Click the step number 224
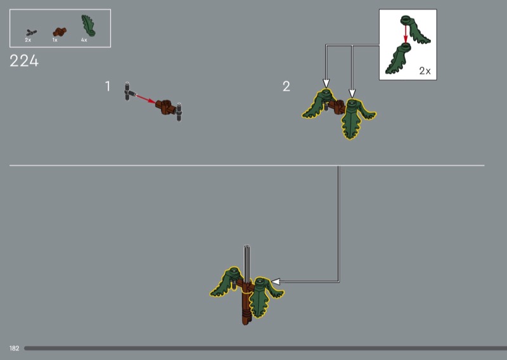click(x=24, y=61)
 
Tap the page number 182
click(x=14, y=349)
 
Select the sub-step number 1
click(x=108, y=86)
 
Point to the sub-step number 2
click(x=286, y=86)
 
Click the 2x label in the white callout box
click(x=425, y=71)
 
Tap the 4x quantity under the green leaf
click(x=84, y=40)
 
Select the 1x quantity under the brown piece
click(x=55, y=40)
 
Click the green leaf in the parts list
click(x=88, y=25)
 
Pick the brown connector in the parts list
click(x=60, y=32)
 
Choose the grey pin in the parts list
click(x=31, y=32)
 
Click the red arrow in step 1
click(x=146, y=98)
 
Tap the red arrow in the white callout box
click(x=406, y=34)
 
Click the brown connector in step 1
click(x=166, y=107)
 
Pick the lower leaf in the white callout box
click(x=397, y=59)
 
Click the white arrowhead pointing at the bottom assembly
click(x=276, y=281)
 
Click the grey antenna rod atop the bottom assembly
click(x=247, y=264)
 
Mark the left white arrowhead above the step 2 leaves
click(x=326, y=84)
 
